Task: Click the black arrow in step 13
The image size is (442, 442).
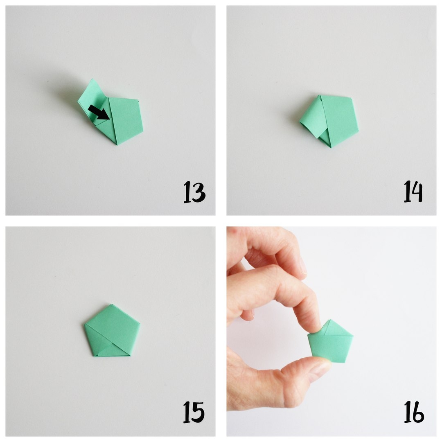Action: point(99,112)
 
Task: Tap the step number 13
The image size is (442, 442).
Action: point(194,192)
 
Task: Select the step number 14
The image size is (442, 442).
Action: point(413,192)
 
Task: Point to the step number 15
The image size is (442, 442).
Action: point(194,412)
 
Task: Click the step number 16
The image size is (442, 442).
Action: point(414,412)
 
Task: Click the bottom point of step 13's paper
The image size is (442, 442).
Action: point(117,145)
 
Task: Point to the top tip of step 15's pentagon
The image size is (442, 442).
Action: point(112,305)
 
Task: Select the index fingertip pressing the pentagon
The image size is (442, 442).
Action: point(313,325)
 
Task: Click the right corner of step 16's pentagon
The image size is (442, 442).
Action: point(353,336)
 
